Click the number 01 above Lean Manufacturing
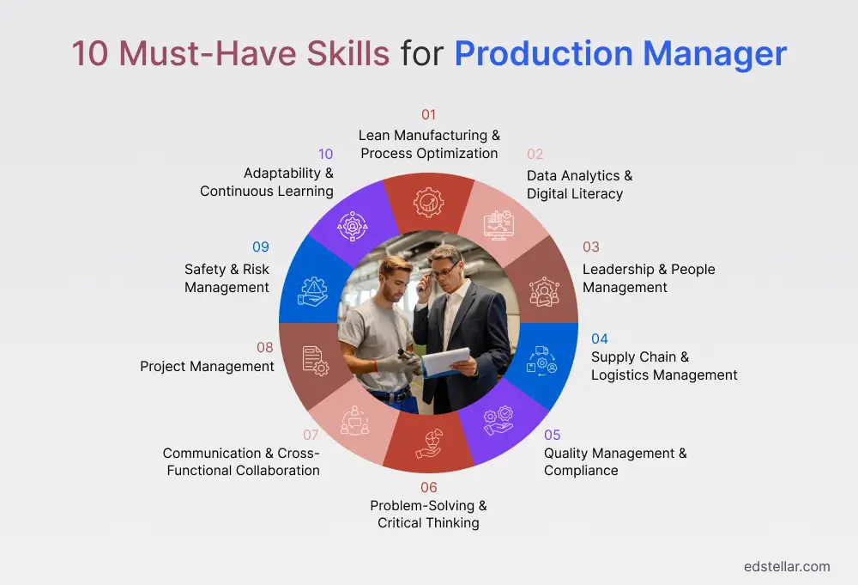pyautogui.click(x=428, y=114)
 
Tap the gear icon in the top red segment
pyautogui.click(x=428, y=202)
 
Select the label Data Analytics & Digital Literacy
pyautogui.click(x=579, y=185)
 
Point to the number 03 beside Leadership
pyautogui.click(x=591, y=247)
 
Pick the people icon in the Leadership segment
pyautogui.click(x=543, y=291)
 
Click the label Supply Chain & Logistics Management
pyautogui.click(x=664, y=366)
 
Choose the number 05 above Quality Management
pyautogui.click(x=553, y=435)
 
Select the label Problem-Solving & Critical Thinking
pyautogui.click(x=428, y=514)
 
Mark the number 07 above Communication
pyautogui.click(x=311, y=435)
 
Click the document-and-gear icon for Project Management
pyautogui.click(x=315, y=360)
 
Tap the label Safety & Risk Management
pyautogui.click(x=227, y=278)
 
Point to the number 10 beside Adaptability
pyautogui.click(x=325, y=155)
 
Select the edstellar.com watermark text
pyautogui.click(x=787, y=566)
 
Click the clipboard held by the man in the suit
pyautogui.click(x=446, y=361)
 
